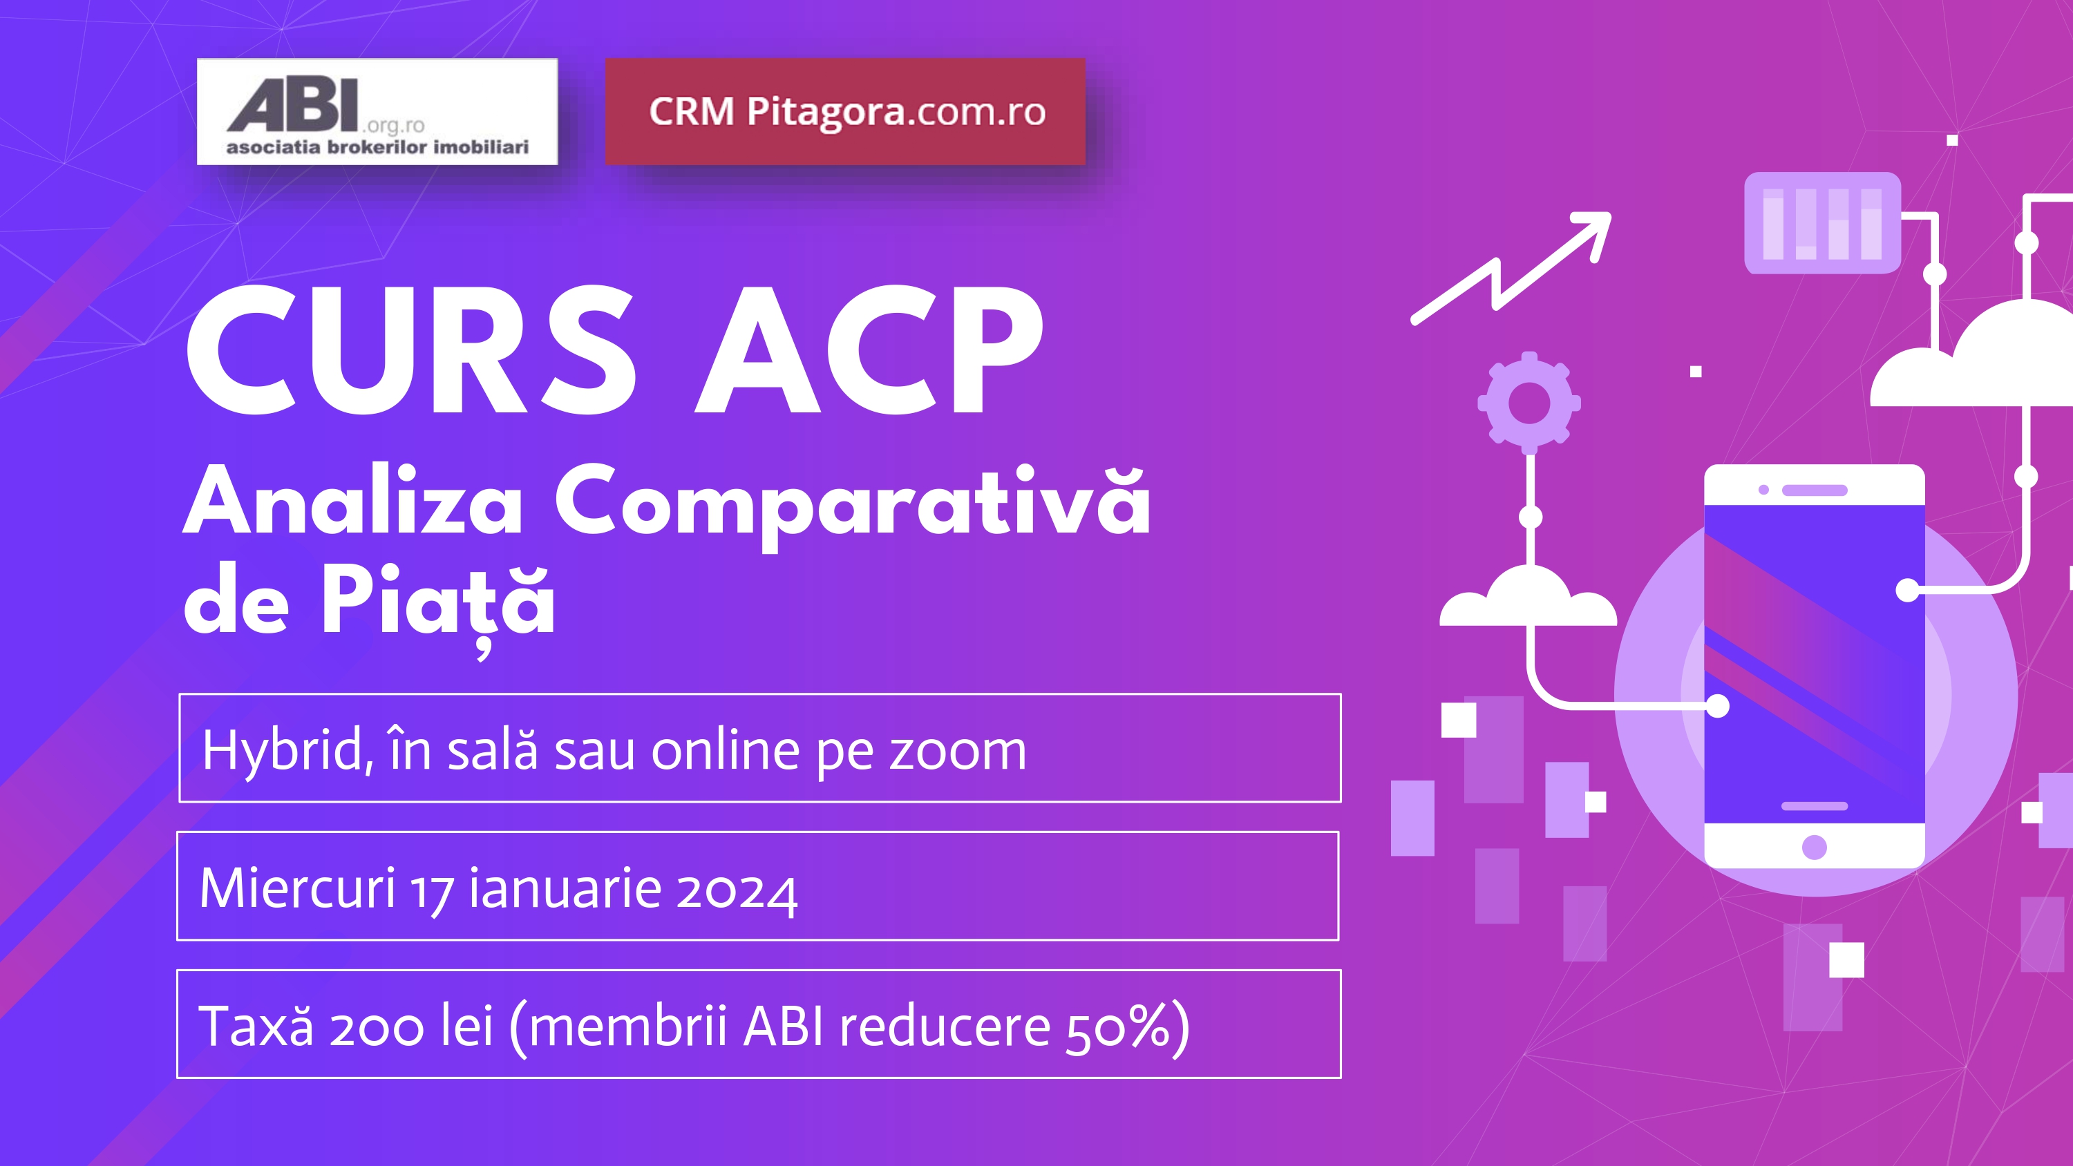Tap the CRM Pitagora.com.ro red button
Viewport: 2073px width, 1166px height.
click(845, 111)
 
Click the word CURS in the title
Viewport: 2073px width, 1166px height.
click(410, 352)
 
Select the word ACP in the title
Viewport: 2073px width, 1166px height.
click(870, 352)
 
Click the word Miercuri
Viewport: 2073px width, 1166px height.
click(297, 888)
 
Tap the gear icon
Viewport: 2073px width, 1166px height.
click(1529, 401)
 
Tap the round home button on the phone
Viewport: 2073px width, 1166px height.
click(1814, 848)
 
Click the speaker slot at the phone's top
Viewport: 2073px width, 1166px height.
click(1814, 490)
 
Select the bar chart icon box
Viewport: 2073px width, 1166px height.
click(1822, 223)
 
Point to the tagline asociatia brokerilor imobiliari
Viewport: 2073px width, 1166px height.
click(377, 147)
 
